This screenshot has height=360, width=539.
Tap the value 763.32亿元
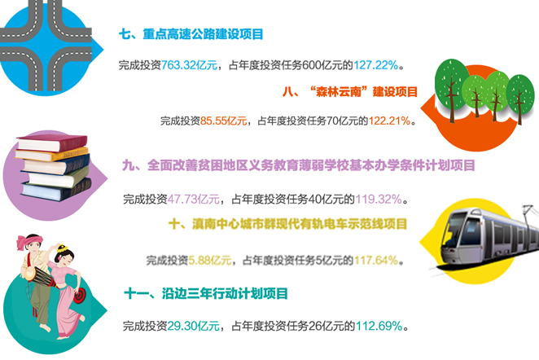pyautogui.click(x=191, y=64)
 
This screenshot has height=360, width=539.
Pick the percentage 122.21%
pyautogui.click(x=388, y=121)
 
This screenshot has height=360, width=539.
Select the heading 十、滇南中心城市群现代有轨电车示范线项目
pyautogui.click(x=287, y=224)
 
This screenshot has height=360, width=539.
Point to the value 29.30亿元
pyautogui.click(x=191, y=327)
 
